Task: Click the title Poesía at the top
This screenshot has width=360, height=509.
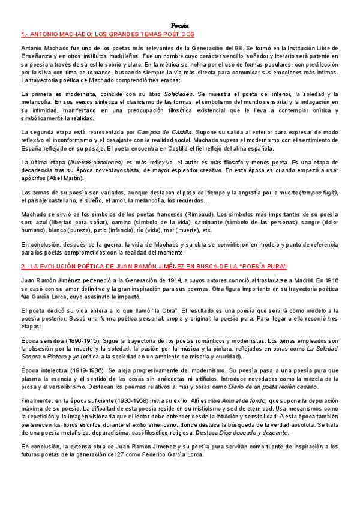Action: click(x=179, y=25)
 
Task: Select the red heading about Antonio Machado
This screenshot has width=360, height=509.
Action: click(x=112, y=35)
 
